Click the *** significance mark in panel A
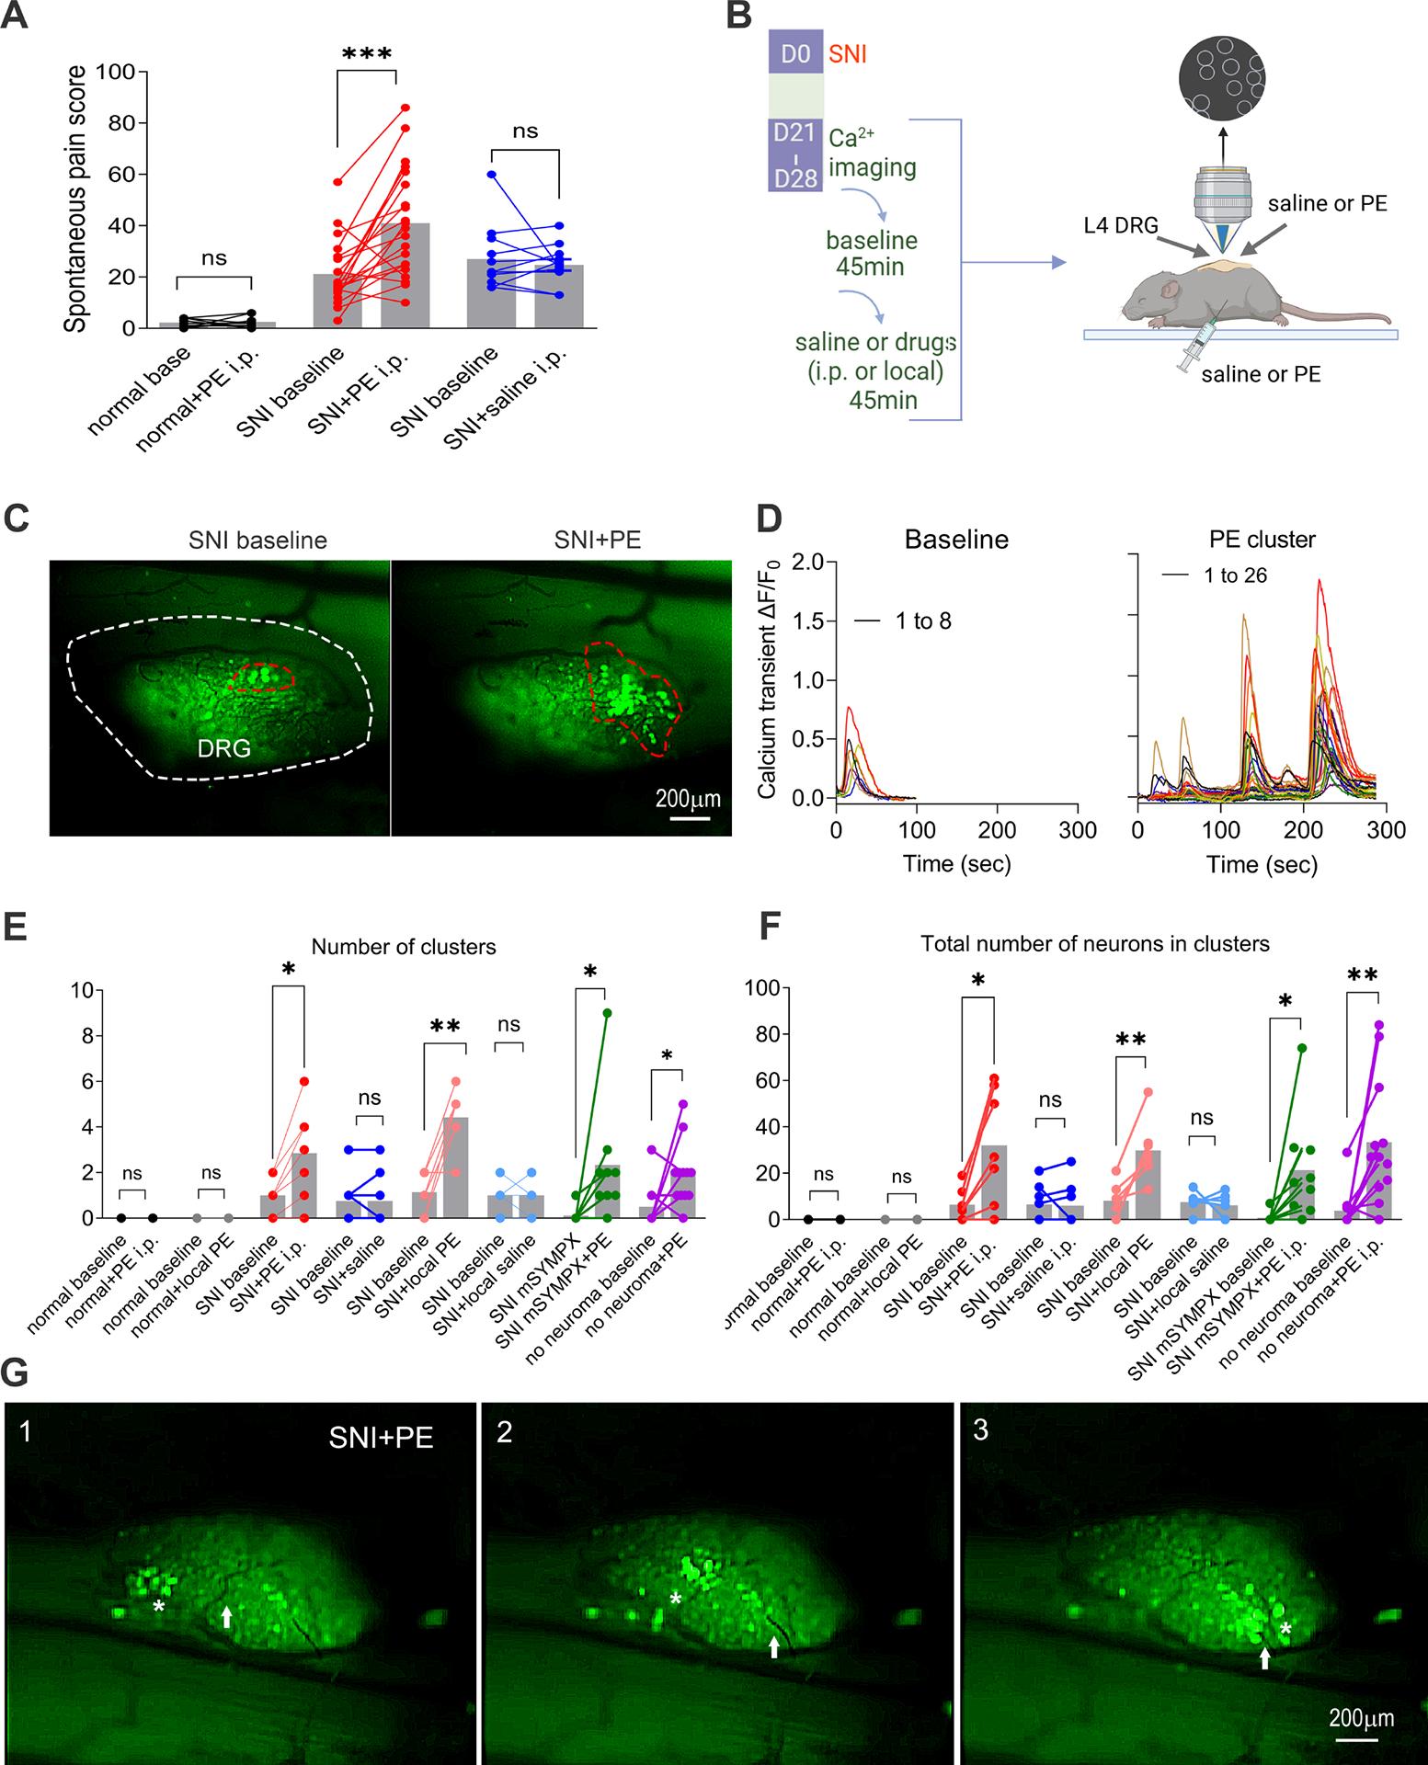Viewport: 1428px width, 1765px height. [x=366, y=55]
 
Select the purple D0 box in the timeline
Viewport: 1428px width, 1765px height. [x=794, y=56]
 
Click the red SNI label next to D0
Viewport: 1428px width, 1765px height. [x=847, y=55]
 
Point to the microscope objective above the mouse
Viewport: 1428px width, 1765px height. [x=1222, y=207]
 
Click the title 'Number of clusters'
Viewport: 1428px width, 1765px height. [x=404, y=947]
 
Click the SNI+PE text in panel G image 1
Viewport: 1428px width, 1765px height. [x=381, y=1439]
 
